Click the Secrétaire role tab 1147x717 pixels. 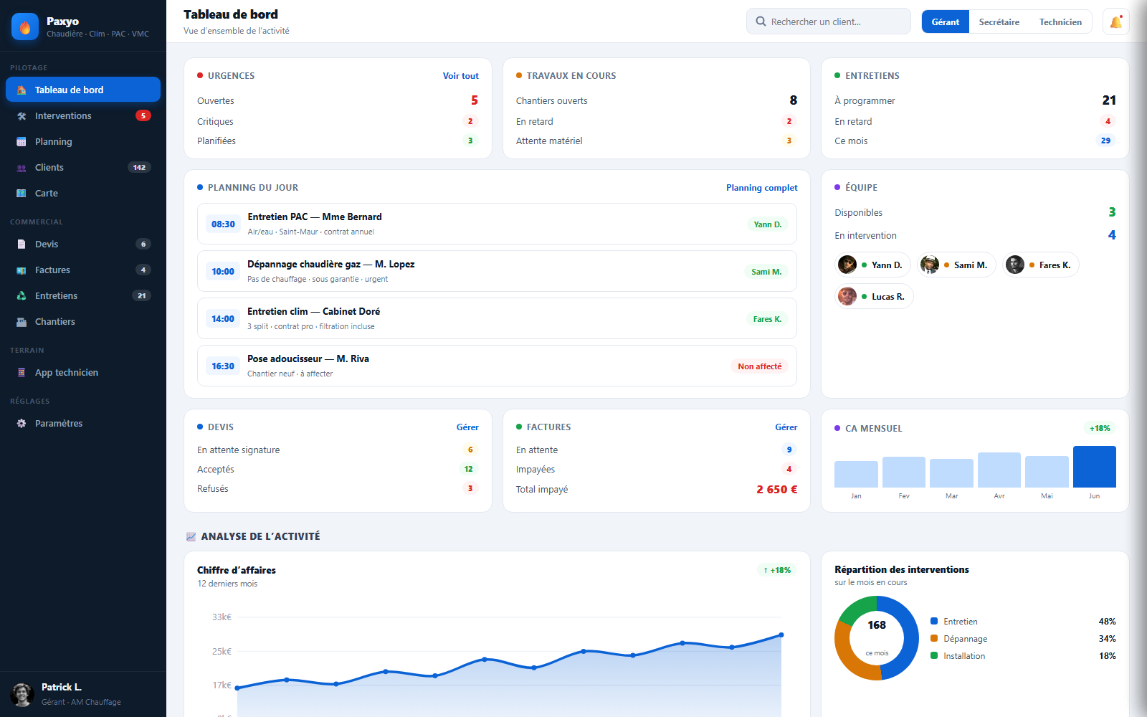pyautogui.click(x=999, y=22)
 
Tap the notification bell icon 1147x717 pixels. pyautogui.click(x=1115, y=22)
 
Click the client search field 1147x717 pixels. pyautogui.click(x=828, y=22)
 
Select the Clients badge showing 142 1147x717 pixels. pyautogui.click(x=139, y=168)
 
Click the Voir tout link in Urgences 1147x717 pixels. pyautogui.click(x=460, y=76)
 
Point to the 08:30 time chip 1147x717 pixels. pyautogui.click(x=223, y=224)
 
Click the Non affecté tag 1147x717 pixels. pyautogui.click(x=759, y=366)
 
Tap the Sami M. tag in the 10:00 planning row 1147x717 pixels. pyautogui.click(x=766, y=272)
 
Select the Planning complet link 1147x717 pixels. pyautogui.click(x=761, y=188)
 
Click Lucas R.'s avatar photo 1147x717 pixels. pyautogui.click(x=847, y=297)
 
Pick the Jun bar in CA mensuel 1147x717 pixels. pyautogui.click(x=1094, y=467)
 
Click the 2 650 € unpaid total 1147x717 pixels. pyautogui.click(x=777, y=489)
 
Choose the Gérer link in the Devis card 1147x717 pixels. pyautogui.click(x=467, y=427)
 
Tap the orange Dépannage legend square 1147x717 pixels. pyautogui.click(x=934, y=638)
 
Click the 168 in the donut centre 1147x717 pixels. pyautogui.click(x=877, y=625)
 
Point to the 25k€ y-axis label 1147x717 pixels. pyautogui.click(x=222, y=652)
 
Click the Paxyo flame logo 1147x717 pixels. pyautogui.click(x=25, y=27)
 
